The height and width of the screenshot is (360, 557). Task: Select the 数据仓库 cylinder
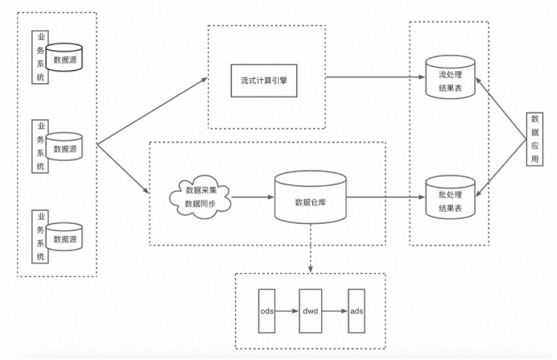311,197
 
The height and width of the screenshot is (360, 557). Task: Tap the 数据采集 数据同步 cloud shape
200,197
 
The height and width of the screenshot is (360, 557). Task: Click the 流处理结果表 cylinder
451,79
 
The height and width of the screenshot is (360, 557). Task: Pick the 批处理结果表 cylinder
451,197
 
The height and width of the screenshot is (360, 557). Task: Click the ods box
267,310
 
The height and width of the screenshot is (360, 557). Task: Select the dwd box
311,310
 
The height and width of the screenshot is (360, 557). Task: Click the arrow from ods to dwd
288,310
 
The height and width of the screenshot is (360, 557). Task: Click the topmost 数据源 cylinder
65,59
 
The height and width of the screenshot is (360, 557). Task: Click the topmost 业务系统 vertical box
39,59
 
